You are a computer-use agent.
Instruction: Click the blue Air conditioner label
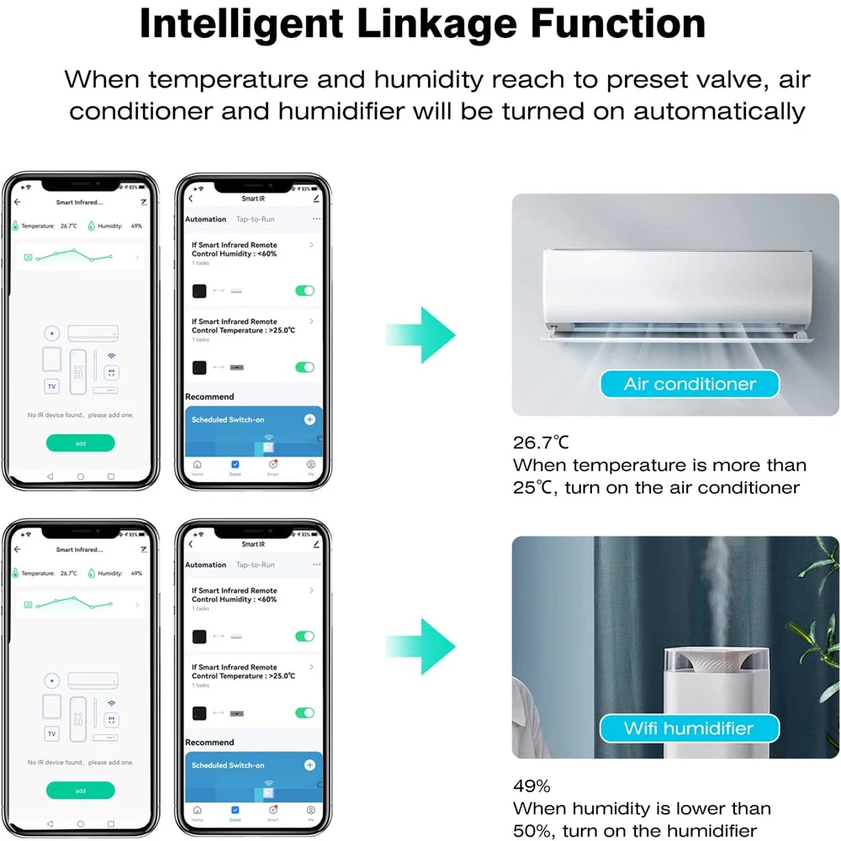pos(689,384)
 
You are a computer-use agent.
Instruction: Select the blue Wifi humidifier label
pos(689,728)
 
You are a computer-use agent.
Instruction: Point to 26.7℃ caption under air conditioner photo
pos(541,442)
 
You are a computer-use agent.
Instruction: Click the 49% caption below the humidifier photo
pos(532,787)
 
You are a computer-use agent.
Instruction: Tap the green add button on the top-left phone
pos(81,443)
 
